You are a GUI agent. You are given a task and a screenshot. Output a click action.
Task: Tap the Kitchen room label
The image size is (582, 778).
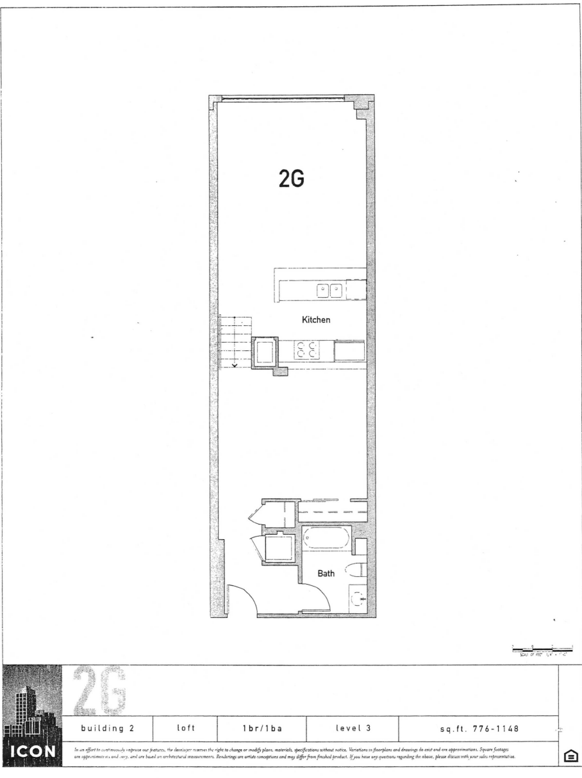point(316,319)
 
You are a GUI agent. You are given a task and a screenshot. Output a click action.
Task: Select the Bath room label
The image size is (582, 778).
point(326,574)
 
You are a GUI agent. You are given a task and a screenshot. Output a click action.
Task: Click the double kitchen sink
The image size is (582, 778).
point(330,291)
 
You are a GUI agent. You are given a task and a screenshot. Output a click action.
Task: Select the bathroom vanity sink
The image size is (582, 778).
point(358,600)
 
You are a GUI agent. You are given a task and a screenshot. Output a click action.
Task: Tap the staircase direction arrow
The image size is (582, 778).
point(235,366)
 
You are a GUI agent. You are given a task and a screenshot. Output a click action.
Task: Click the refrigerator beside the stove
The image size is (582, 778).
point(349,351)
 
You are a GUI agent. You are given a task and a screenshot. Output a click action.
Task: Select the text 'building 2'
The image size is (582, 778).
point(107,727)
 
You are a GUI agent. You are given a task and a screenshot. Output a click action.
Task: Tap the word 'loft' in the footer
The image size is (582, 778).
point(185,727)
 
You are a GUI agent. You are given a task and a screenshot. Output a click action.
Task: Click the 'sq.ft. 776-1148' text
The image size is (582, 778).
point(478,727)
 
